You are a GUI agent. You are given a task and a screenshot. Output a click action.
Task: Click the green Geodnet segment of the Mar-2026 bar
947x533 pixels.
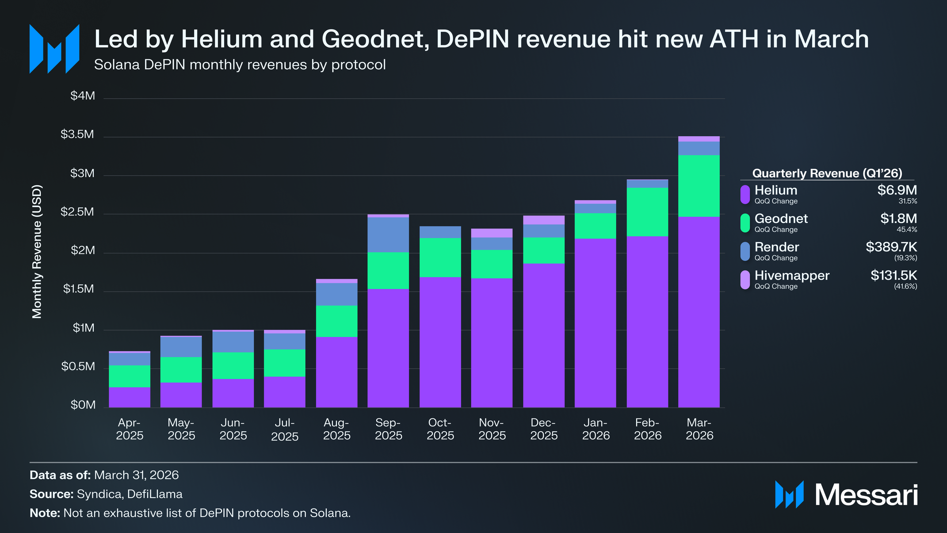click(699, 186)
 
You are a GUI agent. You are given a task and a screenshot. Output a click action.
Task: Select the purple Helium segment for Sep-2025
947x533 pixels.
click(388, 348)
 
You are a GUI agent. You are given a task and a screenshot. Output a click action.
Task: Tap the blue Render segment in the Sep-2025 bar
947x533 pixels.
click(388, 234)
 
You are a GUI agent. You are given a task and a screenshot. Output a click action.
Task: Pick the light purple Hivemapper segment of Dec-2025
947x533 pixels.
click(544, 220)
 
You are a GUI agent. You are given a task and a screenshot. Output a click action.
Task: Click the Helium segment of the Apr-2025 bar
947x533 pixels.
click(130, 397)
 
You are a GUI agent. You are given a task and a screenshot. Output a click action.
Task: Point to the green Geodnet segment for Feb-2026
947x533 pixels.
click(647, 212)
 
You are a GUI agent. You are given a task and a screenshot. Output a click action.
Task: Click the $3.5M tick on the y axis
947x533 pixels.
click(77, 134)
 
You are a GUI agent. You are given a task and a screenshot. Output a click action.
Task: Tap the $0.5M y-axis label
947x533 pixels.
click(78, 366)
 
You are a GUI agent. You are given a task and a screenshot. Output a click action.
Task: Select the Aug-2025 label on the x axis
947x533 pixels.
click(337, 429)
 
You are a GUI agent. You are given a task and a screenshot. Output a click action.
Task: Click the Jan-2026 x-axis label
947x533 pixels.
click(596, 429)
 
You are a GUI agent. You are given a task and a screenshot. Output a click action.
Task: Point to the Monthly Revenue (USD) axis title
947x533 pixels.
click(37, 252)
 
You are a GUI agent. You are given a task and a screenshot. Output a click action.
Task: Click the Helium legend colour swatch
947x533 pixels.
click(745, 195)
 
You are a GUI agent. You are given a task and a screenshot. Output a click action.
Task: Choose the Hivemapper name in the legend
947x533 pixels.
click(792, 275)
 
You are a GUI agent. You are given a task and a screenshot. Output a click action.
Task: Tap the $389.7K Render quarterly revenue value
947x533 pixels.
click(891, 247)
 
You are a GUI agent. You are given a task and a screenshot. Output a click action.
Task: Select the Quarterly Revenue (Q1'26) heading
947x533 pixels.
click(827, 173)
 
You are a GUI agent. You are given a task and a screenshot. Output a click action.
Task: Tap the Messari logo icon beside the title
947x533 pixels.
click(54, 49)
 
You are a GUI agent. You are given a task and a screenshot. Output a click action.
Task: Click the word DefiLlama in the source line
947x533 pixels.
click(155, 494)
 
